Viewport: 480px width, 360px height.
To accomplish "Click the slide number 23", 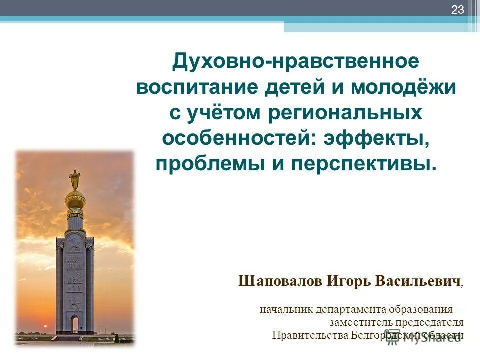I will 458,9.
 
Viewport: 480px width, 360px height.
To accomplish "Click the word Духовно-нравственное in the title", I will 295,62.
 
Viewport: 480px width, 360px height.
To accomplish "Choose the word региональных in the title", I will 345,113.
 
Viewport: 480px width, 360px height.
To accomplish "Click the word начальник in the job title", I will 286,309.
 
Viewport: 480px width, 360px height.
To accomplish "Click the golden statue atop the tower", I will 75,179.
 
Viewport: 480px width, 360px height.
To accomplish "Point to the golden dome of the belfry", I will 75,200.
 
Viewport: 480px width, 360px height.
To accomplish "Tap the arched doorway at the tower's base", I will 74,325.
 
